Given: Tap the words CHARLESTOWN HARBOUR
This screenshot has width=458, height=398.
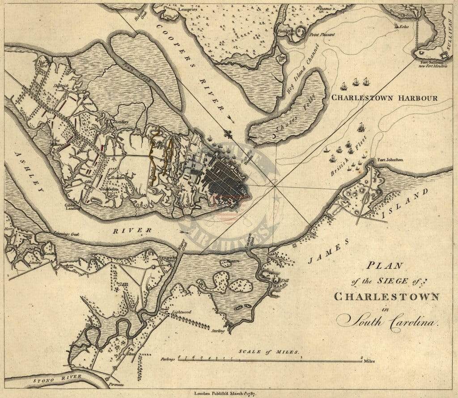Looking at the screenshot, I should [383, 98].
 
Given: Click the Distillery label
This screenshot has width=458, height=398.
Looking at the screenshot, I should [121, 122].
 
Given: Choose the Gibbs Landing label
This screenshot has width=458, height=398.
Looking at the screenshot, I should [72, 206].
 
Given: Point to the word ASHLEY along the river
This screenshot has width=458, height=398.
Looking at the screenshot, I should [30, 172].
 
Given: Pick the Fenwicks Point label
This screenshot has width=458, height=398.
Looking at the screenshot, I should [167, 259].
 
